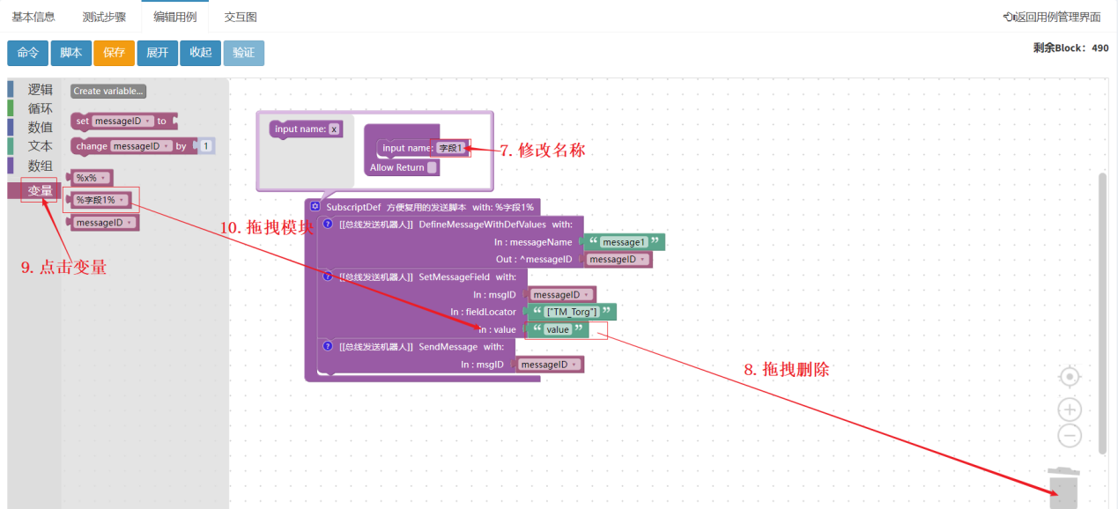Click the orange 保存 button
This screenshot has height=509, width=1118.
[114, 53]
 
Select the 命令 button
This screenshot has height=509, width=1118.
[28, 53]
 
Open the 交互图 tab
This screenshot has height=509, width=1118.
[240, 17]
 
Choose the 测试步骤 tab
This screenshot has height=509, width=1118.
[104, 17]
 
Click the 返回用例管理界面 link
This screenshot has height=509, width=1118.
[1052, 17]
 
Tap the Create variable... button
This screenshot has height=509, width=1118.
[108, 91]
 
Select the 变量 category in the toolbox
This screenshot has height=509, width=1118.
[40, 190]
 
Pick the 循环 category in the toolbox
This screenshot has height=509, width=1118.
[40, 108]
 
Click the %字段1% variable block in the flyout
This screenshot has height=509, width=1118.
[99, 200]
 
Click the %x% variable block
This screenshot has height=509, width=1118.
[90, 178]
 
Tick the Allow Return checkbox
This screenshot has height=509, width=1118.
[432, 167]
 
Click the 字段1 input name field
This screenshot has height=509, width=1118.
[451, 148]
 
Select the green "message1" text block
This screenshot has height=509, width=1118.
[624, 242]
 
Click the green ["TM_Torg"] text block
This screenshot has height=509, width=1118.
[572, 312]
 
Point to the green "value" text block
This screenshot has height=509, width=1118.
[558, 329]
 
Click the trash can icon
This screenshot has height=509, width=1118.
[1063, 488]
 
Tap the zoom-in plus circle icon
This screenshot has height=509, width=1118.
[1070, 409]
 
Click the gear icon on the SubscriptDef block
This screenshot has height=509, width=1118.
[315, 206]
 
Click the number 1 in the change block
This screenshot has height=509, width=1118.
[205, 145]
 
